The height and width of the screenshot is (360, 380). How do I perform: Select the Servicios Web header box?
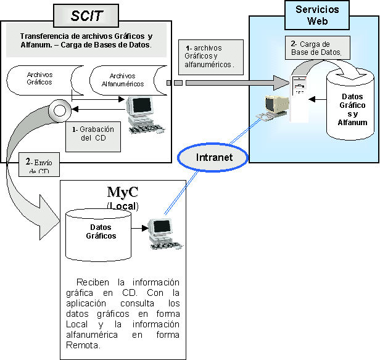coord(317,15)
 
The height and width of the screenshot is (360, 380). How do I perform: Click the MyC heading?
coord(122,192)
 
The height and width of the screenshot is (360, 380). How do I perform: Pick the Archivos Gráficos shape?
coord(40,79)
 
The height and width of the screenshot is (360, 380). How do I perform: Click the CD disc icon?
coord(60,112)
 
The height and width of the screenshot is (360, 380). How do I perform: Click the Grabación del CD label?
coord(92,134)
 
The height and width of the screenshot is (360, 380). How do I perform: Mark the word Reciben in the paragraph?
coord(91,282)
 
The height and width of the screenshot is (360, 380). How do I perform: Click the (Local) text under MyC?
coord(122,205)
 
